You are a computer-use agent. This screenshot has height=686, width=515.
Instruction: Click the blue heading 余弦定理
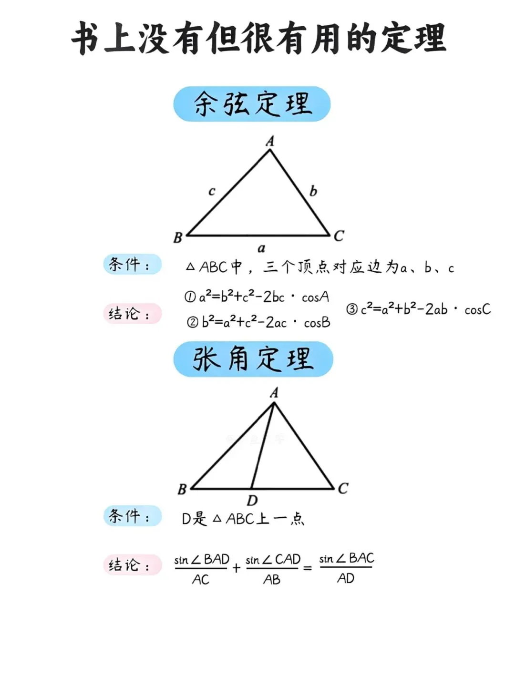click(252, 104)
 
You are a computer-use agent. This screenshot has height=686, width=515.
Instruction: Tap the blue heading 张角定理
click(253, 359)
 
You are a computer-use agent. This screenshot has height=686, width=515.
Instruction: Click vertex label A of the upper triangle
click(270, 141)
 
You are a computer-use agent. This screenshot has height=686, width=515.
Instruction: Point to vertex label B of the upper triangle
click(178, 237)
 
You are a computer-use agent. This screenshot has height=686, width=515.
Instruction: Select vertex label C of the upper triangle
click(339, 236)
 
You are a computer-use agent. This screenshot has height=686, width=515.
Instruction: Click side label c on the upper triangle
click(212, 192)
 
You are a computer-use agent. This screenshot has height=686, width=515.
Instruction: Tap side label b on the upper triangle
click(313, 191)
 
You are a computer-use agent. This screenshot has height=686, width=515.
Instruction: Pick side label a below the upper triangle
click(261, 248)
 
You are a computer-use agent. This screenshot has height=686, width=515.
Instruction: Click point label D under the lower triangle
click(252, 501)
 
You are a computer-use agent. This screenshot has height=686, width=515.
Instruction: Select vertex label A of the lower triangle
click(274, 393)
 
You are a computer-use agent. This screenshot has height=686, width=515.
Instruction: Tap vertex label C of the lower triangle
click(343, 489)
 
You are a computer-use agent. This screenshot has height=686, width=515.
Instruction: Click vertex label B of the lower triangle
click(182, 490)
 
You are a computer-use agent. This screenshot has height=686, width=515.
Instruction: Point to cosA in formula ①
click(315, 297)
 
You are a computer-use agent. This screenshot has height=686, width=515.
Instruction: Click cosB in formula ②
click(317, 323)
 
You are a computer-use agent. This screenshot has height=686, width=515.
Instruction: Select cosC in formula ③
click(477, 310)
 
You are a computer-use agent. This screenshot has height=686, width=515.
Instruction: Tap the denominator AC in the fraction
click(201, 580)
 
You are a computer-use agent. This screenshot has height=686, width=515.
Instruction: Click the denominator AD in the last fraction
click(346, 579)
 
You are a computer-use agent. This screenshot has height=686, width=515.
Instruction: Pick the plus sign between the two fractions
click(236, 568)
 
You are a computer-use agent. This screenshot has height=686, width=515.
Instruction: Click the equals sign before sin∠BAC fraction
click(308, 568)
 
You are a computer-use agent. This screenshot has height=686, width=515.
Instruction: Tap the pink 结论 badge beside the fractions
click(132, 565)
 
